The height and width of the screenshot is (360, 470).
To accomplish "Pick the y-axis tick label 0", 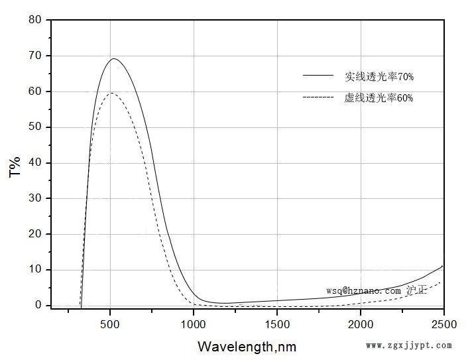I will pos(38,305).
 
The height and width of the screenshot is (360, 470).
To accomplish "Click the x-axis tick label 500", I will pos(110,324).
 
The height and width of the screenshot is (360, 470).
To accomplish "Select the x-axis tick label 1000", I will pos(194,324).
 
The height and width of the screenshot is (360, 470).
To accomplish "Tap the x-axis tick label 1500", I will pos(277,324).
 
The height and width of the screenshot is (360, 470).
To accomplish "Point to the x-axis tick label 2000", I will pos(361,324).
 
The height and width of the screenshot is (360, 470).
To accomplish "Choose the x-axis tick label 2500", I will pos(443,324).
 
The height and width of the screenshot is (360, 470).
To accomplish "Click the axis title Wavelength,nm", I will pos(247,346).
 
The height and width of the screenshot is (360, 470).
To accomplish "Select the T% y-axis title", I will pos(15,166).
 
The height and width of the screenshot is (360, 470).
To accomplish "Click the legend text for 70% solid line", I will pos(379,77).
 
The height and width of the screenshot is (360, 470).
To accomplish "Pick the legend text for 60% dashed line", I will pos(379,98).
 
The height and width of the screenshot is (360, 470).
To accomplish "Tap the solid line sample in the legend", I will pos(318,76).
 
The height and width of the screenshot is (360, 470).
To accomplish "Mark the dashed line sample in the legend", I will pos(318,97).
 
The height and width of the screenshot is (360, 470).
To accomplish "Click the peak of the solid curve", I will pos(114,59).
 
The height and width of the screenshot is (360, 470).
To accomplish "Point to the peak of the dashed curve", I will pos(111,93).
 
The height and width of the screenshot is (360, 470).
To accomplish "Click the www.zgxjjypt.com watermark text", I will pos(409,345).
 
